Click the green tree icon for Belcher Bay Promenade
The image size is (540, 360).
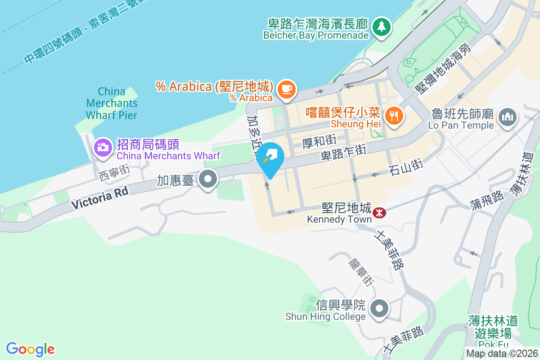point(382,26)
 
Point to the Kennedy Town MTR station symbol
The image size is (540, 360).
point(379,211)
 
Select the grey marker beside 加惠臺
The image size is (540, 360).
point(208,179)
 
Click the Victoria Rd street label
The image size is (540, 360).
point(100,197)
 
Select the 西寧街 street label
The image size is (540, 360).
point(114,171)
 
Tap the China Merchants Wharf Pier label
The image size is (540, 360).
point(112,103)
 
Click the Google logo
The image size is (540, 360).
point(31,349)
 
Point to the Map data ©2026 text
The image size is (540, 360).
point(502,354)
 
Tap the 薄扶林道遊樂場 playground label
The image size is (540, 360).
point(492,327)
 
